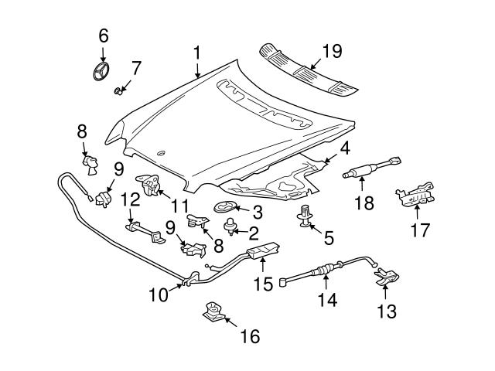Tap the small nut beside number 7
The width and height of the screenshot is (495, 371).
pyautogui.click(x=119, y=92)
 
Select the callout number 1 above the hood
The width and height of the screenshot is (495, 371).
pyautogui.click(x=197, y=53)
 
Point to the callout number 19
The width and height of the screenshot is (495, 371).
pyautogui.click(x=332, y=52)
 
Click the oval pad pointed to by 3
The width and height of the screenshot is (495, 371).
pyautogui.click(x=224, y=206)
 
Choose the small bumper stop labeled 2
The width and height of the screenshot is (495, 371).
pyautogui.click(x=230, y=226)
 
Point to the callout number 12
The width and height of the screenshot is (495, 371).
pyautogui.click(x=129, y=199)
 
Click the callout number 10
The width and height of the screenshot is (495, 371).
pyautogui.click(x=159, y=294)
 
